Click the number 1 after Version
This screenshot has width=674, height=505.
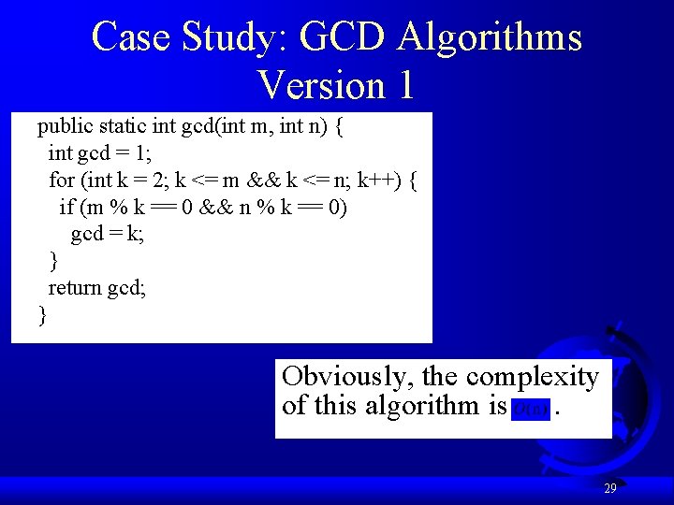[x=404, y=85]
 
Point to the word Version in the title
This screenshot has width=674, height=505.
[x=321, y=85]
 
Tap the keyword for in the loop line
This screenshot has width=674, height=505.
[x=61, y=180]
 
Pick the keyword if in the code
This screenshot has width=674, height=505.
[x=67, y=207]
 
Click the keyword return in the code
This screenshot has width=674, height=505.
[x=74, y=287]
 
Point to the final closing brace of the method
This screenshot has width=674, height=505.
[x=42, y=315]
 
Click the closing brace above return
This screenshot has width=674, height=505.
[x=53, y=260]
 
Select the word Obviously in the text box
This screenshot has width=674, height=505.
[x=346, y=377]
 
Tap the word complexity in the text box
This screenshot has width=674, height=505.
[x=532, y=377]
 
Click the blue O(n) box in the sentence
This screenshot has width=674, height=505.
[x=532, y=409]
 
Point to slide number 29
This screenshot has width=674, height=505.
[x=609, y=488]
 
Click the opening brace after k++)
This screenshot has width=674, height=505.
[x=413, y=180]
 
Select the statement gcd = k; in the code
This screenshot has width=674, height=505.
[x=108, y=234]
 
